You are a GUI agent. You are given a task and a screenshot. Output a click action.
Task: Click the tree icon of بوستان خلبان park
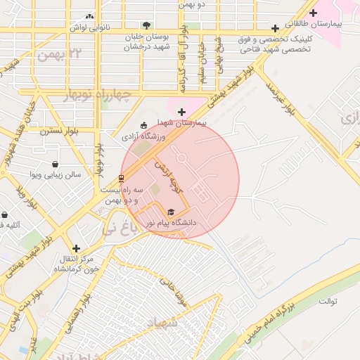point(146,26)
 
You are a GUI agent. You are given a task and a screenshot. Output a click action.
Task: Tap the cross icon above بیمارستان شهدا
point(181,111)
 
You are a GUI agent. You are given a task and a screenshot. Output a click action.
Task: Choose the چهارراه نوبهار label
point(98,95)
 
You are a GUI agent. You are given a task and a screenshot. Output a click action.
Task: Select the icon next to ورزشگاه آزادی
point(144,125)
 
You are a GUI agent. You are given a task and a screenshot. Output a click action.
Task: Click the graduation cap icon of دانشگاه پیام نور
point(172,212)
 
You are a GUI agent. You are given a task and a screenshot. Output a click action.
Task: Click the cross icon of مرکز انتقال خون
point(77,248)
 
